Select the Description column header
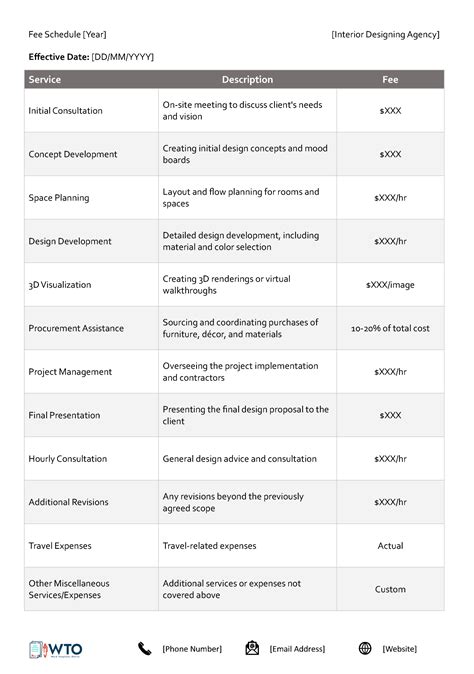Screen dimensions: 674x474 point(247,79)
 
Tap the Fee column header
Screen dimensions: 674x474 point(390,79)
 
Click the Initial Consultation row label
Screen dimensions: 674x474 point(66,111)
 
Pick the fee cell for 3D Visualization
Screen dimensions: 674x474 point(390,285)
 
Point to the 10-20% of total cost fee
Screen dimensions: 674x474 point(390,328)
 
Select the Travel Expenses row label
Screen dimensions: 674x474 point(61,546)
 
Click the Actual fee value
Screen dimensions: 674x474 point(390,546)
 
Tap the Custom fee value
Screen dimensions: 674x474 point(390,589)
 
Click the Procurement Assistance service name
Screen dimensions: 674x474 point(76,328)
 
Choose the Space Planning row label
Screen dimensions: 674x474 point(59,198)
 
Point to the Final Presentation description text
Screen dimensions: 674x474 point(245,415)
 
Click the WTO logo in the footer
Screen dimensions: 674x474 point(56,649)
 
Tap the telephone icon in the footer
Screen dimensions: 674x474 point(145,649)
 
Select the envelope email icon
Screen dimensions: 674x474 point(252,649)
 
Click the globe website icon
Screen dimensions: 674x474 point(365,649)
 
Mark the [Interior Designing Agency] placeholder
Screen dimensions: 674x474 point(385,35)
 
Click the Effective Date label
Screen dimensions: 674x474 point(58,57)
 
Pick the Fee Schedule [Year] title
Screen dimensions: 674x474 point(68,35)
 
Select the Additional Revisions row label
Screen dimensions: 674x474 point(69,502)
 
